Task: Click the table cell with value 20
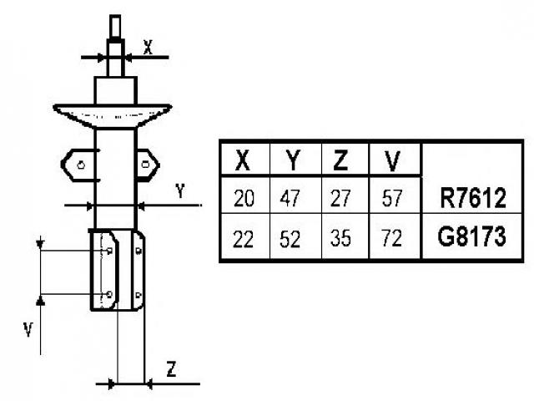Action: pos(244,199)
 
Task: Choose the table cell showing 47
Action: pos(292,199)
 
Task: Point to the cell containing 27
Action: pos(341,199)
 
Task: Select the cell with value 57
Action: pos(392,199)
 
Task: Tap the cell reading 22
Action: pos(244,239)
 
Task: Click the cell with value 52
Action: pos(292,239)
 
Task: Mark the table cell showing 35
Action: pos(341,239)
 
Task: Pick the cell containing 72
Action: pos(392,239)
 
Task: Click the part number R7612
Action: pos(472,199)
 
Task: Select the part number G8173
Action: pos(472,238)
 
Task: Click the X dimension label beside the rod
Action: pos(148,48)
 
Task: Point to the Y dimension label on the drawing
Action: pos(180,191)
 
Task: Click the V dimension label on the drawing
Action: pos(28,329)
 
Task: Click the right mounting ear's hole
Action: pos(147,165)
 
